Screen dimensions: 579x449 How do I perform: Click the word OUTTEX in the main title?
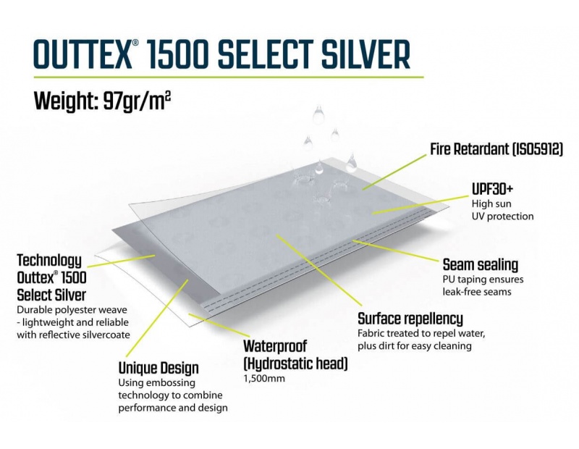pyautogui.click(x=83, y=55)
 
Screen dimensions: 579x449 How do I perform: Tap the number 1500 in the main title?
pyautogui.click(x=178, y=55)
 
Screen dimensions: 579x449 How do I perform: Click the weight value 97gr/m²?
pyautogui.click(x=137, y=101)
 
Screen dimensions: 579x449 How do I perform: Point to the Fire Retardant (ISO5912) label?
pyautogui.click(x=496, y=149)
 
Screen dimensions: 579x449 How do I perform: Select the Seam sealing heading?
pyautogui.click(x=481, y=264)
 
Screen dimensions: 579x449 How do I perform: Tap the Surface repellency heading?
pyautogui.click(x=410, y=319)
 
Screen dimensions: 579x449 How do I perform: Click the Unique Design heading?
pyautogui.click(x=159, y=368)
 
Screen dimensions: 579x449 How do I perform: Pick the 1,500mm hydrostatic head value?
pyautogui.click(x=264, y=379)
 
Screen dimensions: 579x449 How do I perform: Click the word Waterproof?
pyautogui.click(x=275, y=346)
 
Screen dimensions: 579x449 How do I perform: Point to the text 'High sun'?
pyautogui.click(x=491, y=203)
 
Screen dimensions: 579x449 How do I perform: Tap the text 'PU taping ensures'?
pyautogui.click(x=483, y=280)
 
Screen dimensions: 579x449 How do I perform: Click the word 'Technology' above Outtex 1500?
pyautogui.click(x=49, y=261)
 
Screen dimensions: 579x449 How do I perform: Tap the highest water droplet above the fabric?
pyautogui.click(x=318, y=114)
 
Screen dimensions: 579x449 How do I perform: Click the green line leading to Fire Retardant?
pyautogui.click(x=394, y=172)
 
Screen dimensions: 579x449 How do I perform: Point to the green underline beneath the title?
pyautogui.click(x=229, y=77)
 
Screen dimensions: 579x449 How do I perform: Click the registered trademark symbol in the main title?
pyautogui.click(x=135, y=43)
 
